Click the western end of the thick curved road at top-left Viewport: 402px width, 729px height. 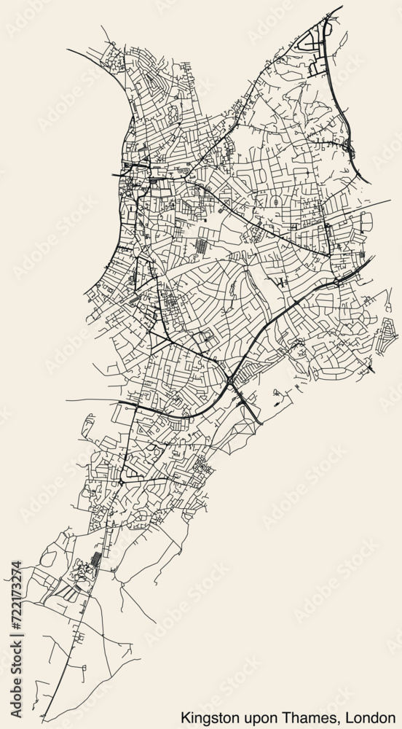(x=68, y=50)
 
